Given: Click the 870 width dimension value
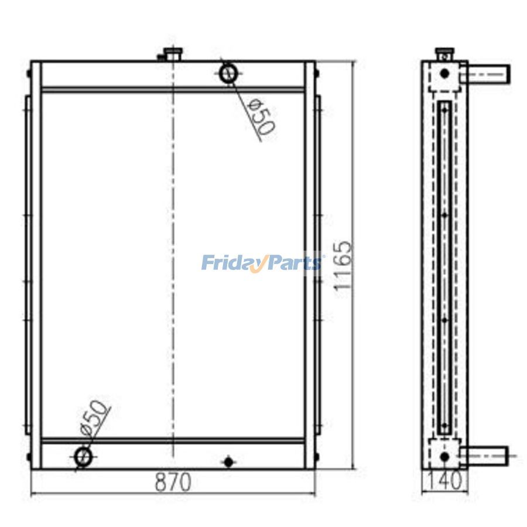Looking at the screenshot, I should coord(173,482).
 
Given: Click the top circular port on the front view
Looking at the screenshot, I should coord(228,73).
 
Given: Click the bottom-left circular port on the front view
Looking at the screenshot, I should coord(83,456).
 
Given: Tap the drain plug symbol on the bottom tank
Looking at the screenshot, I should coord(229,462).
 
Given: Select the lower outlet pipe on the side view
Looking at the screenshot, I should coord(485,454).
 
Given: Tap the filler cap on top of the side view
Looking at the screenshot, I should coord(444,54).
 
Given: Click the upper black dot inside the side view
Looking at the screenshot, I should coord(444,74).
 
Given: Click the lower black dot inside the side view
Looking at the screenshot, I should coord(444,456).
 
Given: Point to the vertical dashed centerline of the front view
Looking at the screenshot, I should coord(173,263).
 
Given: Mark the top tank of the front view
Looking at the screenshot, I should coord(129,74).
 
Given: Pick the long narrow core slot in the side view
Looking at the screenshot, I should coord(444,266).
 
